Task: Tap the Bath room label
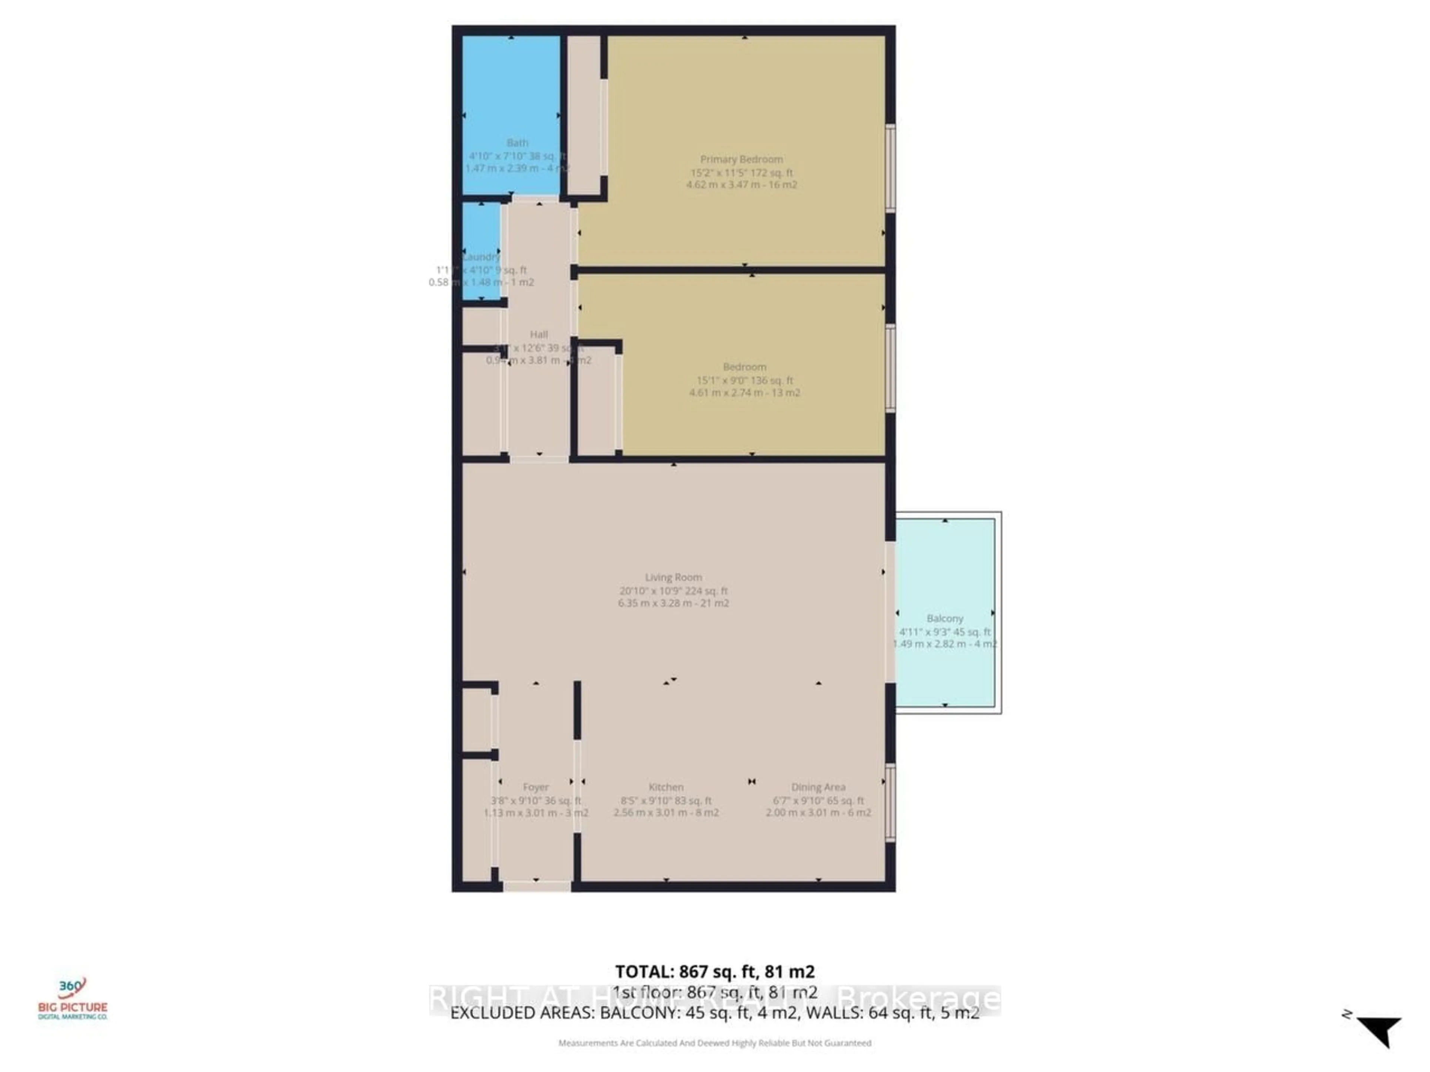[x=517, y=143]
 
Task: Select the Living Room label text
[x=673, y=577]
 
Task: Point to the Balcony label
[x=944, y=618]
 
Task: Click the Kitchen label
[x=666, y=787]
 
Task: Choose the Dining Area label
[x=818, y=787]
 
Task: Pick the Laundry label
[x=482, y=256]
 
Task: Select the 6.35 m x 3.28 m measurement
[x=673, y=603]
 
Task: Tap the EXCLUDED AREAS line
[x=714, y=1012]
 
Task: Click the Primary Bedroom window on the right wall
[x=890, y=168]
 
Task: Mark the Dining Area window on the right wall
[x=890, y=803]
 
